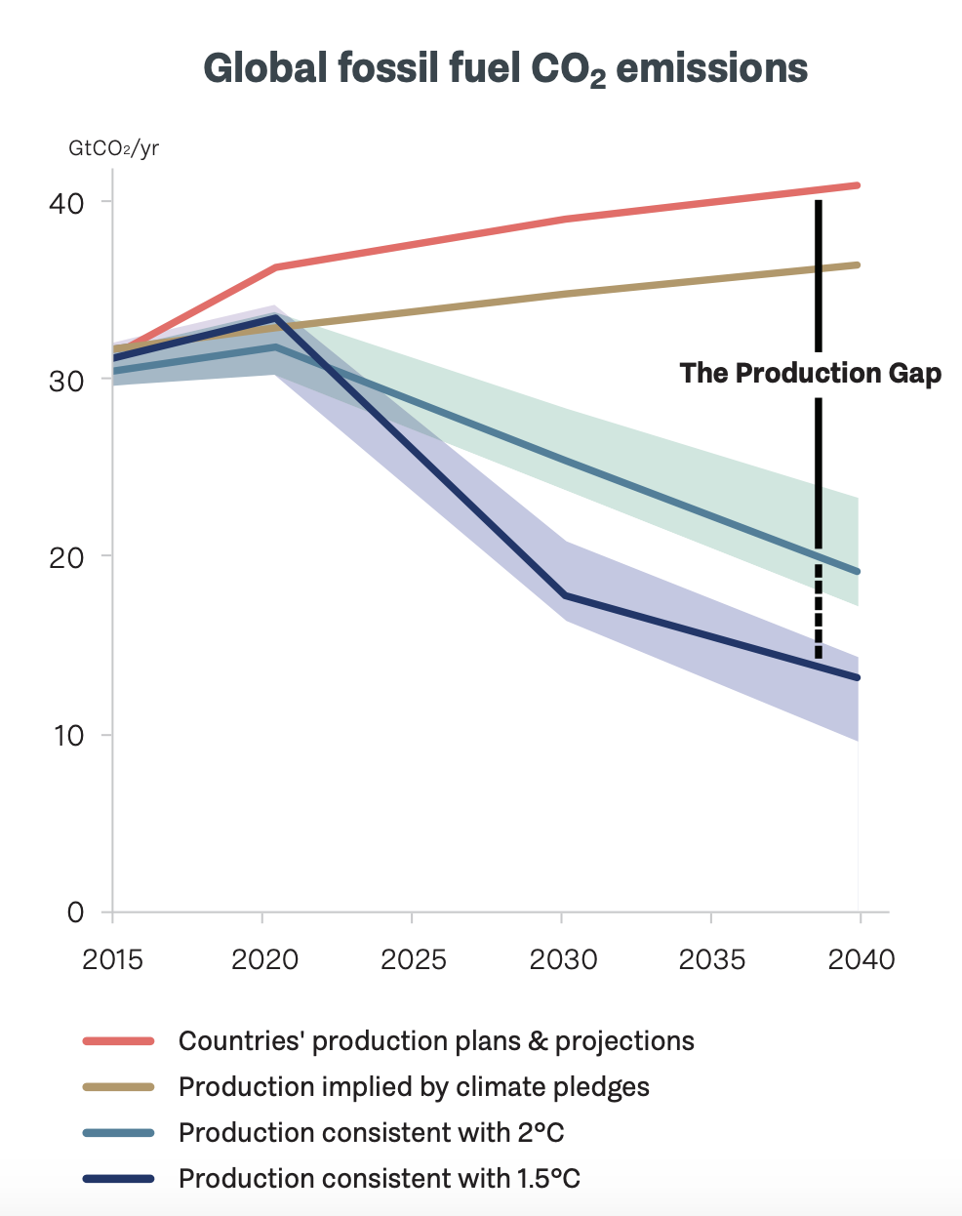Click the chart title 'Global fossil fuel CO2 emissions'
point(504,69)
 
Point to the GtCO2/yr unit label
point(113,148)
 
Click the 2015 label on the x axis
point(112,959)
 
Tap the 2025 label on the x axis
point(413,959)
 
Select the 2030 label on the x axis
point(563,959)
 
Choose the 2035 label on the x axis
point(712,959)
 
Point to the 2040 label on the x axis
point(861,959)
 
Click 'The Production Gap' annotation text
point(810,374)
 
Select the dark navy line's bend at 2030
point(564,594)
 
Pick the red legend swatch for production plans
point(119,1041)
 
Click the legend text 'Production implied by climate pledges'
point(414,1087)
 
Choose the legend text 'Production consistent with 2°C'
point(371,1133)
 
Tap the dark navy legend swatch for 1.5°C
point(119,1179)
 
